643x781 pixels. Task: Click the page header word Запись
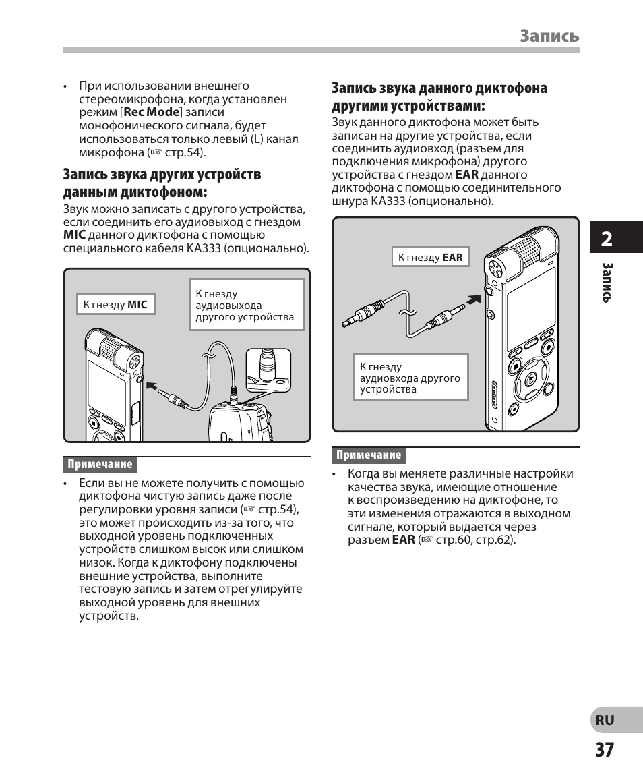click(549, 36)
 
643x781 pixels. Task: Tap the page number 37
click(605, 750)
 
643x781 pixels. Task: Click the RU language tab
click(605, 720)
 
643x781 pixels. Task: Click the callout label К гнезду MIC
click(115, 305)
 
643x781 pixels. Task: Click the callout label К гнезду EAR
click(430, 258)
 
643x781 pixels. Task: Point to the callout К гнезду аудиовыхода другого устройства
click(245, 306)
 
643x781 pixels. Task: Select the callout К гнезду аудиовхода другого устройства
click(410, 378)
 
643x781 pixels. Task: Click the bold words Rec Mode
click(152, 113)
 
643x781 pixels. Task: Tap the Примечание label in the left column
click(100, 465)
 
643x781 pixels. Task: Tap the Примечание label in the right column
click(369, 455)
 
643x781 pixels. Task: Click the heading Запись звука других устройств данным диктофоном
click(162, 183)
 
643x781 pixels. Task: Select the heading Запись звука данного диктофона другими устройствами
click(439, 97)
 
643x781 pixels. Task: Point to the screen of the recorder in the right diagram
click(530, 308)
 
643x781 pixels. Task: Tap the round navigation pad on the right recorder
click(530, 380)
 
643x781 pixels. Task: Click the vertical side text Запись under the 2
click(607, 282)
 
